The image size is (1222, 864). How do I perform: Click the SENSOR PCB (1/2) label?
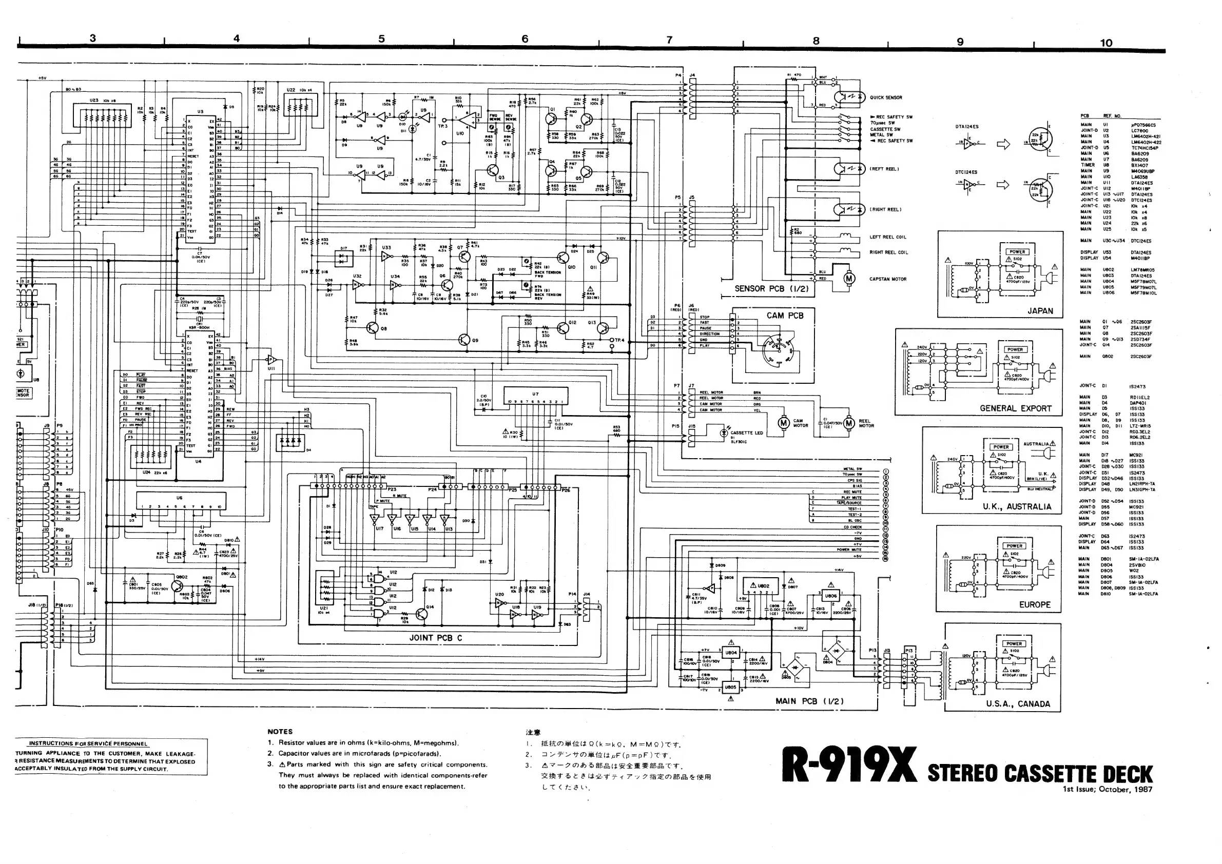pos(771,288)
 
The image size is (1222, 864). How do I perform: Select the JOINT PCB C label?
pos(435,638)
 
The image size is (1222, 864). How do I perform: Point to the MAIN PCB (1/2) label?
pos(809,701)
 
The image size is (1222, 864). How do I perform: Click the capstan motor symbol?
pos(849,278)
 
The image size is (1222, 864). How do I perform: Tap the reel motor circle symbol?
pos(849,423)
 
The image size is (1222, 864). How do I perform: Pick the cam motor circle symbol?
pos(783,423)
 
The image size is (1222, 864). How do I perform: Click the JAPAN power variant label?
pos(1040,311)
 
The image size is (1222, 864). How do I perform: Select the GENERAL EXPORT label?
pos(1016,408)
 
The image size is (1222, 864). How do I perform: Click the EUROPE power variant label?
pos(1035,605)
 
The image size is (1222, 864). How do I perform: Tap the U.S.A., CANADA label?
pos(1018,704)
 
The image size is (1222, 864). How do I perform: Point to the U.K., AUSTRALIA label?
pos(1017,506)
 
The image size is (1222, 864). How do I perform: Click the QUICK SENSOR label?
pos(886,97)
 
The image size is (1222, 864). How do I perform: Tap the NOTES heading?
pos(280,732)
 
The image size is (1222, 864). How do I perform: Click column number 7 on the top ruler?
pos(670,40)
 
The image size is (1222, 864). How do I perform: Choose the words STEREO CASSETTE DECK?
pos(1040,773)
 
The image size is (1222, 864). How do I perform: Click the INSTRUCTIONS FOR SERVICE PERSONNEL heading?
pos(88,743)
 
